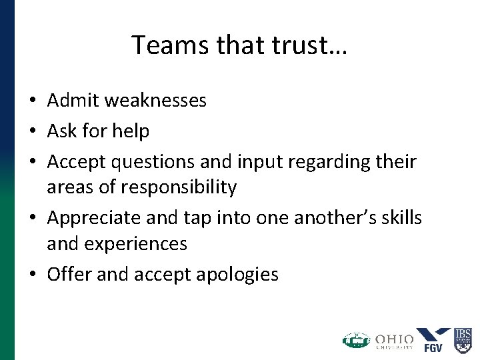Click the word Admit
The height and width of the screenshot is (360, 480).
coord(71,101)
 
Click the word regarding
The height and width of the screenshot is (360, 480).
coord(326,162)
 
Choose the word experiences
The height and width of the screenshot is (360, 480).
coord(143,244)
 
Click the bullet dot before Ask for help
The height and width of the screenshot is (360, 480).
coord(32,132)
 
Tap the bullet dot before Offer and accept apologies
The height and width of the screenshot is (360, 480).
coord(32,275)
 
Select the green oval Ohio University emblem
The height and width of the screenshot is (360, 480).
coord(356,340)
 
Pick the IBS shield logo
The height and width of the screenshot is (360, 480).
coord(463,339)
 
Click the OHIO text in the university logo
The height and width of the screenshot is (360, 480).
coord(394,337)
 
